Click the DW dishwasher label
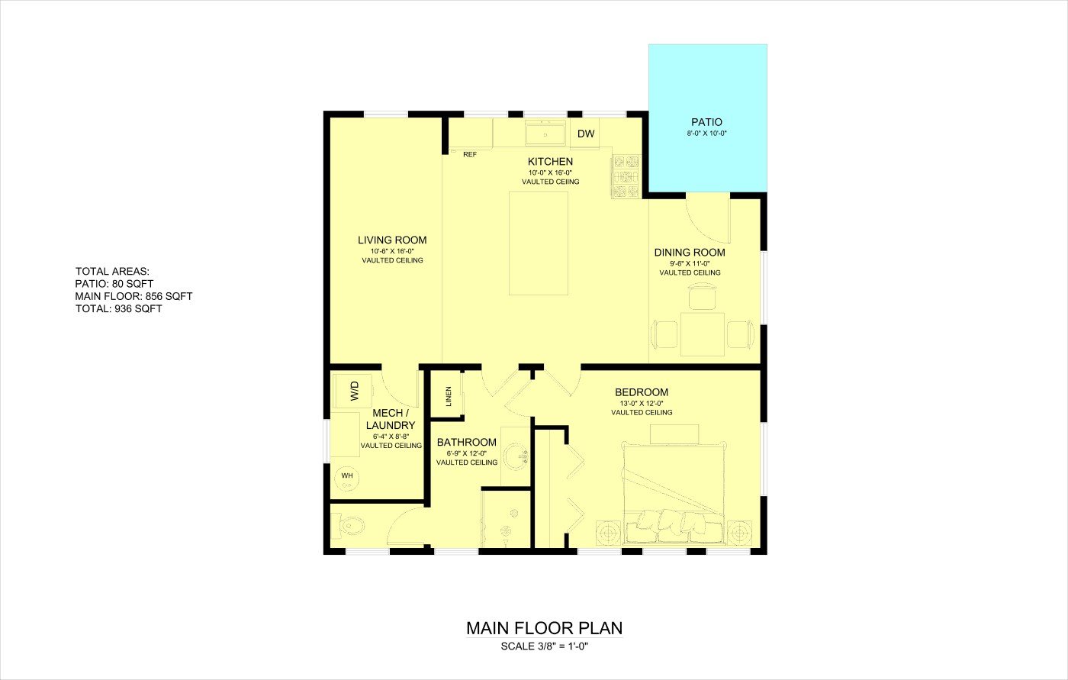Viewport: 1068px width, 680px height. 586,134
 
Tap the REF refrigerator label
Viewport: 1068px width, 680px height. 470,154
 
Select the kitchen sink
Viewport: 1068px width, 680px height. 545,133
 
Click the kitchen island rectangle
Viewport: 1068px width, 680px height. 539,243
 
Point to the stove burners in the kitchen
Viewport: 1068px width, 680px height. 626,176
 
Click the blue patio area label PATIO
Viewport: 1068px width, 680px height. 706,122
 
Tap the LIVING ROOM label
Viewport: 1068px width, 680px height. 392,240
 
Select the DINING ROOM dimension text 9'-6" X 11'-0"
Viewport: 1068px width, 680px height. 690,263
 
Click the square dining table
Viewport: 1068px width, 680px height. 703,334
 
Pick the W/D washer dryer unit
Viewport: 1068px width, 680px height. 352,391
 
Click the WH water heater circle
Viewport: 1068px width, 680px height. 347,479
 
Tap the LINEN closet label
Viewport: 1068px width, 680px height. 449,396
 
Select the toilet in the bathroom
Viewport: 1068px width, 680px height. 348,527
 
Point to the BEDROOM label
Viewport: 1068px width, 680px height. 642,392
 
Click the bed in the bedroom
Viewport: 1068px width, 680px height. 674,492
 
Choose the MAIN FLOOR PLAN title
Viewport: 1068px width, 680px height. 544,628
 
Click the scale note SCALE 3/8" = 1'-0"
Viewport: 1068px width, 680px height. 545,646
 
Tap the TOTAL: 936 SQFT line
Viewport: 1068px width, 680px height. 119,308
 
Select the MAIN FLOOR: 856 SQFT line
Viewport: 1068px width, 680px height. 133,296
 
